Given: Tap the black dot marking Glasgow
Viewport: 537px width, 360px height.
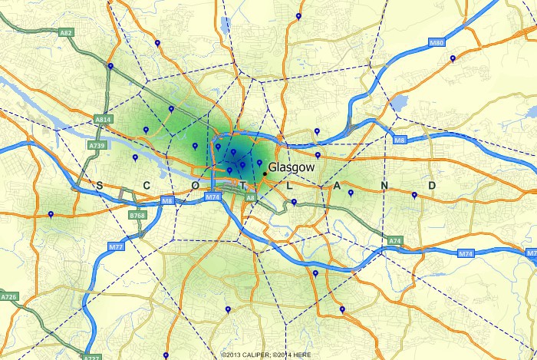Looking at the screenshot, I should click(x=265, y=174).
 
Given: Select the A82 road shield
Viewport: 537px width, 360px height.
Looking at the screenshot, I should click(x=66, y=33).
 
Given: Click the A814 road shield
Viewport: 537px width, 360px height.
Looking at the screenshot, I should click(x=104, y=121).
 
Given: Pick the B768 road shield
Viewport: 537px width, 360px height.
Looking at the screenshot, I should click(x=137, y=216).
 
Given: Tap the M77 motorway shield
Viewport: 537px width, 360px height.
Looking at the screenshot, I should click(x=116, y=246).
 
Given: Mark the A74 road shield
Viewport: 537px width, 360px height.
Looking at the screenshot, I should click(x=395, y=241).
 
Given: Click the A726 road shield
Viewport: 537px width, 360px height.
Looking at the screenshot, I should click(x=9, y=296).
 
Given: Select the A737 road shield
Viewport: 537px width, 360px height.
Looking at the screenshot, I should click(x=91, y=357).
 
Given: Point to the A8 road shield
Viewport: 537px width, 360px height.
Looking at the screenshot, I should click(x=250, y=198).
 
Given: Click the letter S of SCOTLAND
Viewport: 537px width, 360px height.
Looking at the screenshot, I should click(x=100, y=186).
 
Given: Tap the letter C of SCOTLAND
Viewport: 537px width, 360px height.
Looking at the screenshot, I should click(x=147, y=186).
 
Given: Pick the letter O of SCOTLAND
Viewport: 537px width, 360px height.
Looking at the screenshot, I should click(x=195, y=186).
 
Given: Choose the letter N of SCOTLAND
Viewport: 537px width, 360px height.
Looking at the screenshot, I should click(x=384, y=186).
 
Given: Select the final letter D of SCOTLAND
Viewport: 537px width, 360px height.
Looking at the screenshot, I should click(x=432, y=186).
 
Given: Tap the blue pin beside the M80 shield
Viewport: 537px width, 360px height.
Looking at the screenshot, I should click(x=453, y=58).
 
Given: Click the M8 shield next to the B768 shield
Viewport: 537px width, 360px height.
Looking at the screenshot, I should click(x=166, y=201).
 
